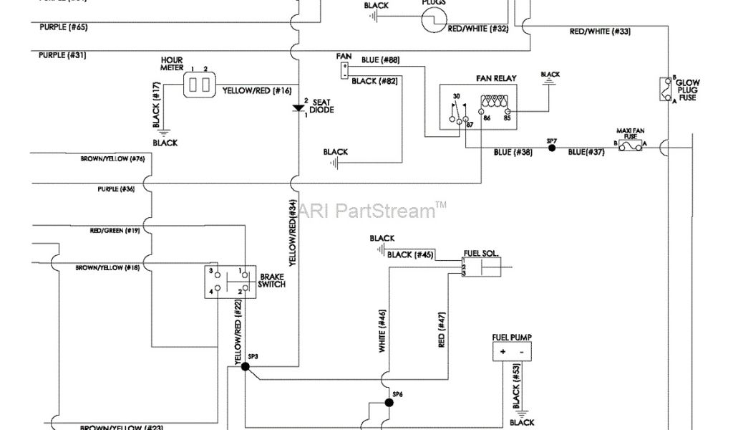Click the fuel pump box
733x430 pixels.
(x=511, y=351)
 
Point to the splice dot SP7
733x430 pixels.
(x=551, y=148)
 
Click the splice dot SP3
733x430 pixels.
(x=245, y=365)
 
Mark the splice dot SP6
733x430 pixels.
(x=389, y=402)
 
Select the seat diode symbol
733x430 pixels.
(x=298, y=108)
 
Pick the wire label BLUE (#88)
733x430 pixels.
(x=380, y=59)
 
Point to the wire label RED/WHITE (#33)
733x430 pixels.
(x=599, y=32)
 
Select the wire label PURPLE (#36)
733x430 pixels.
(x=116, y=189)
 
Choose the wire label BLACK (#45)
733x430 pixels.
(x=409, y=254)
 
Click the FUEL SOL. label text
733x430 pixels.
(x=481, y=253)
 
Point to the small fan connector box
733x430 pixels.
(x=344, y=69)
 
